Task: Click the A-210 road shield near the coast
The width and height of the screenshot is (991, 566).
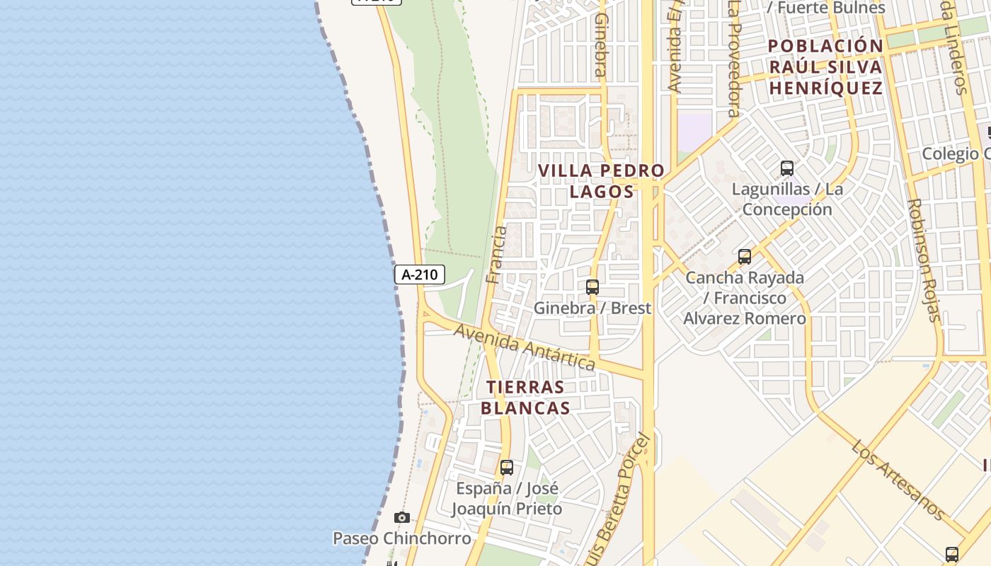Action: pyautogui.click(x=419, y=275)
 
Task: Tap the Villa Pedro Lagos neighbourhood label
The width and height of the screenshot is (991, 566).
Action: pyautogui.click(x=601, y=181)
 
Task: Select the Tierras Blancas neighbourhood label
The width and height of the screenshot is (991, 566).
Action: pyautogui.click(x=525, y=398)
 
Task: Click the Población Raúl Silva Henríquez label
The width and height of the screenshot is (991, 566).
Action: pyautogui.click(x=825, y=67)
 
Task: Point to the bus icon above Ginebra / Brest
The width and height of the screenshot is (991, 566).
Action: pyautogui.click(x=592, y=287)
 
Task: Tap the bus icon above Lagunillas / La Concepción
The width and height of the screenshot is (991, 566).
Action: pyautogui.click(x=786, y=168)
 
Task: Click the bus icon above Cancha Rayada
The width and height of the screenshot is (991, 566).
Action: pyautogui.click(x=744, y=257)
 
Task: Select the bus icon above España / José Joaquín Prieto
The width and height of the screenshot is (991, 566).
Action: pyautogui.click(x=506, y=468)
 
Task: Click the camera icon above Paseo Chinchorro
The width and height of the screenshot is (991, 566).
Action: pyautogui.click(x=402, y=518)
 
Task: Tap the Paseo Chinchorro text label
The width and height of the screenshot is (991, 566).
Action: pyautogui.click(x=401, y=538)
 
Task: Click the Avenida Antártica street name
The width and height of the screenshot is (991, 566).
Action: pyautogui.click(x=524, y=347)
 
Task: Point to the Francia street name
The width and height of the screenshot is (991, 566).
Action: pyautogui.click(x=498, y=255)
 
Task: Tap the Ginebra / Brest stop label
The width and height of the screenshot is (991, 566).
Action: pyautogui.click(x=592, y=308)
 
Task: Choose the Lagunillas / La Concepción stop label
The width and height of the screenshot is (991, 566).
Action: pyautogui.click(x=787, y=200)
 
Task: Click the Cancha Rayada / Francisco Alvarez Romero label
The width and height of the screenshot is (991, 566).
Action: pyautogui.click(x=744, y=298)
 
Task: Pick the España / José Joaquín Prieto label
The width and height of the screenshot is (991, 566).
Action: pyautogui.click(x=506, y=499)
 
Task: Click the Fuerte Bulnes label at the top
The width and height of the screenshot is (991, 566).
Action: pyautogui.click(x=826, y=8)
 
